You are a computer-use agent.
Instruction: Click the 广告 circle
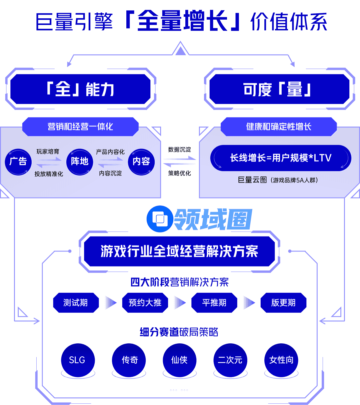(18, 162)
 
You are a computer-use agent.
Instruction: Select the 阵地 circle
(80, 162)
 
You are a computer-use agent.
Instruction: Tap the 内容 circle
(141, 162)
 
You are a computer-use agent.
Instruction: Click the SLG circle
(77, 360)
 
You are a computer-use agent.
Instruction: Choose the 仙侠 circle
(179, 360)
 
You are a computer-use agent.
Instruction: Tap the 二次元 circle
(230, 360)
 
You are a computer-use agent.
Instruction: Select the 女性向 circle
(281, 360)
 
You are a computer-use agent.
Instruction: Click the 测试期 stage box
(76, 303)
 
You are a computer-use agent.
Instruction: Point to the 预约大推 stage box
(145, 303)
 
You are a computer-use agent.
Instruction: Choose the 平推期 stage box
(214, 303)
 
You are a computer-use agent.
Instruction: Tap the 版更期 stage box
(283, 303)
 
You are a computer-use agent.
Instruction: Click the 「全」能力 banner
(80, 89)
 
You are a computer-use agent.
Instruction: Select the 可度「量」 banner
(277, 89)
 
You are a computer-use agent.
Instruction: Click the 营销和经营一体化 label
(80, 127)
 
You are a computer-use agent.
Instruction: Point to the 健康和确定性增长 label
(279, 127)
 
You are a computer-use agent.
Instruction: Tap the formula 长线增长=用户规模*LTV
(281, 158)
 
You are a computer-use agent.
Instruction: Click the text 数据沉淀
(180, 150)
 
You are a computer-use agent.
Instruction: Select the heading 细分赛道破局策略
(179, 332)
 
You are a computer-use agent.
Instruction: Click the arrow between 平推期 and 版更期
(249, 303)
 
